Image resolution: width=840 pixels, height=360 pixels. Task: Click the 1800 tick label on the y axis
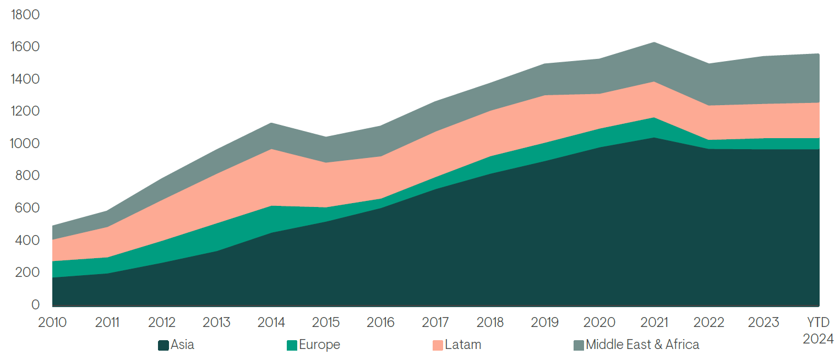(25, 14)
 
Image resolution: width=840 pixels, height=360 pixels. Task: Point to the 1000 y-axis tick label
(25, 144)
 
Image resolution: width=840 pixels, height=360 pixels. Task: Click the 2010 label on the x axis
(52, 323)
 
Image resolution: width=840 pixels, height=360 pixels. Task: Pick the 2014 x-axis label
(271, 323)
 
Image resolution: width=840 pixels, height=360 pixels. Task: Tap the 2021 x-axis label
(654, 323)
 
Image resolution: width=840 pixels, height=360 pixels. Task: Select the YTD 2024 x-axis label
(818, 330)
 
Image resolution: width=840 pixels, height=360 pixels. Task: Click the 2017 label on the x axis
(435, 323)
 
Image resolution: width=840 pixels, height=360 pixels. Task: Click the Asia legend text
(182, 345)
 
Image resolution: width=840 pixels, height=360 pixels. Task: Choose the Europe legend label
(319, 345)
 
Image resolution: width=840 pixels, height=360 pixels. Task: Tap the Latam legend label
(463, 345)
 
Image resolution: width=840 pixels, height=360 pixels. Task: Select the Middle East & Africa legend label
(642, 345)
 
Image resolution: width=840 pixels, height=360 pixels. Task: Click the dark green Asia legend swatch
(163, 346)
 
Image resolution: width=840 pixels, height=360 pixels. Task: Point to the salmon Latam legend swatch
(438, 346)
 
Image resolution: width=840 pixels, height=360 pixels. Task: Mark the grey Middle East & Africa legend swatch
(579, 346)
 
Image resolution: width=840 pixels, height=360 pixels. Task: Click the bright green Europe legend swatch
(292, 346)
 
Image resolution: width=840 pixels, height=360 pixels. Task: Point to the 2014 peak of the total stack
(271, 123)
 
